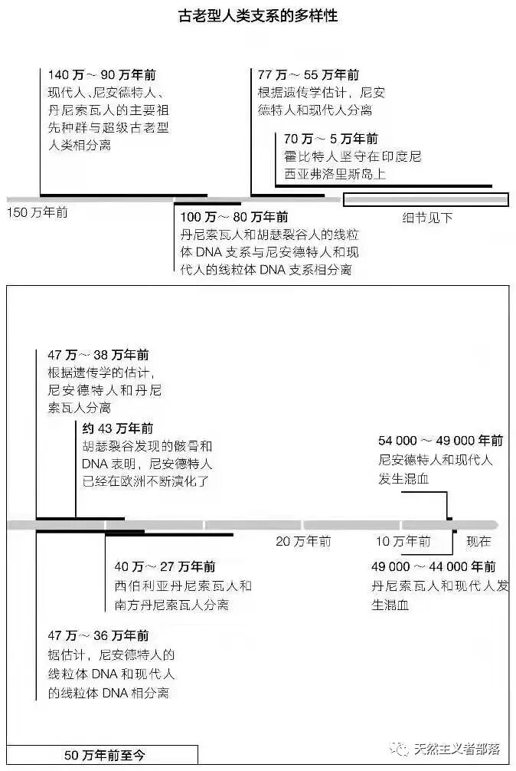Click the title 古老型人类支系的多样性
coord(258,15)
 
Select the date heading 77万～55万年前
coord(309,75)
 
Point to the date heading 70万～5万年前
coord(331,139)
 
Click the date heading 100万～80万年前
coord(234,216)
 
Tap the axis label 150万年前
coord(38,212)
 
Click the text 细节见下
coord(427,218)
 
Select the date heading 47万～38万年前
coord(98,356)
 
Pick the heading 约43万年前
coord(117,428)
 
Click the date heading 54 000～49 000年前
coord(440,441)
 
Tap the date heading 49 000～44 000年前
coord(433,567)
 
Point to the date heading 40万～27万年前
coord(165,567)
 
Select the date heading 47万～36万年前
coord(98,636)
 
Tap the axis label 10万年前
coord(403,542)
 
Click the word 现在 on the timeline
coord(478,542)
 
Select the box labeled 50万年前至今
coord(104,755)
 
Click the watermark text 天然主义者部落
coord(456,749)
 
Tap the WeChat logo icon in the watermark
coord(400,748)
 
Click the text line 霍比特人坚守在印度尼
coord(352,156)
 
